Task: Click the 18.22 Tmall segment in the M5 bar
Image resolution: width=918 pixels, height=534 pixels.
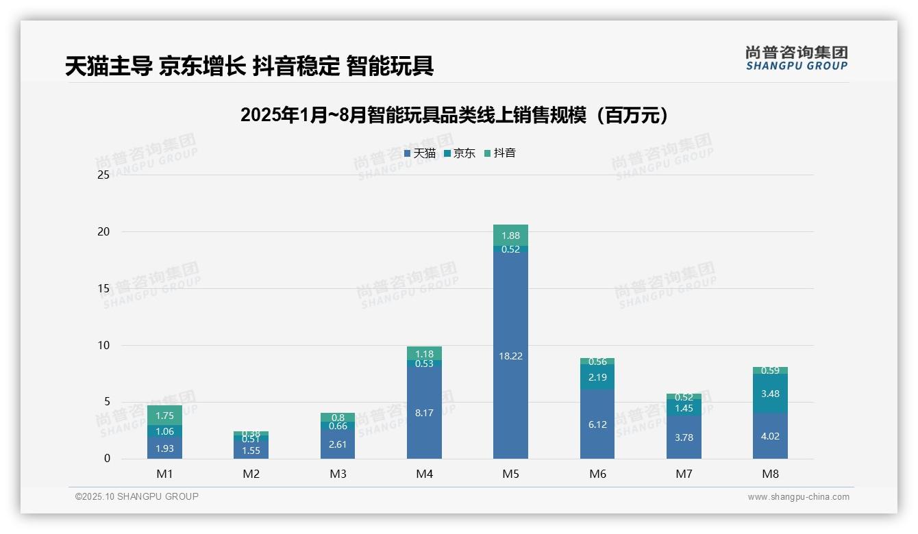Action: [x=510, y=356]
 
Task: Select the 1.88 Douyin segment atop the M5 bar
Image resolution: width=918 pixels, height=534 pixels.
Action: [x=510, y=235]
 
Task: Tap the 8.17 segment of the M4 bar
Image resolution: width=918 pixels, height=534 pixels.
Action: [x=424, y=412]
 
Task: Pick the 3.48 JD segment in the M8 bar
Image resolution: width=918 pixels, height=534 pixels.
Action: [x=770, y=393]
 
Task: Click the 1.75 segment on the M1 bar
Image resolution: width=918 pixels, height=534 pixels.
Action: [x=164, y=415]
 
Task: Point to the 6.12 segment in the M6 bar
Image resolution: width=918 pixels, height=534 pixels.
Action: [x=597, y=424]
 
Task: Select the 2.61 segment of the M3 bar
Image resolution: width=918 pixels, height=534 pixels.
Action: [x=338, y=444]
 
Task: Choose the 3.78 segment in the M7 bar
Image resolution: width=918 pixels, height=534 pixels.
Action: [x=684, y=437]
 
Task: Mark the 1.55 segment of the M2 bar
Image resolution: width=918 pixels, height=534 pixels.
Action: [x=251, y=450]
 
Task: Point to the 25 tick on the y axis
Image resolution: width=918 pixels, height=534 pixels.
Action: [x=103, y=175]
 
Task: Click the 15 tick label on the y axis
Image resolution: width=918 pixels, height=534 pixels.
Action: [x=103, y=289]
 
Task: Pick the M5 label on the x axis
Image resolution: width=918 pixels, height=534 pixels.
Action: [x=510, y=474]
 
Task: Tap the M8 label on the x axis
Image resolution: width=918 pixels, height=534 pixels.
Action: [x=770, y=474]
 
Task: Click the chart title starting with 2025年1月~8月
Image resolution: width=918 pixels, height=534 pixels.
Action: [x=454, y=116]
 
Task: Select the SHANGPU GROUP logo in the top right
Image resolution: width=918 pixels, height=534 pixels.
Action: [x=796, y=58]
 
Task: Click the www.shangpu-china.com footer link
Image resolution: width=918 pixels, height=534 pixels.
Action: [x=798, y=497]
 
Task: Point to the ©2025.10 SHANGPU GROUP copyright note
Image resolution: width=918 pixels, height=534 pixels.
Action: [x=137, y=497]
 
